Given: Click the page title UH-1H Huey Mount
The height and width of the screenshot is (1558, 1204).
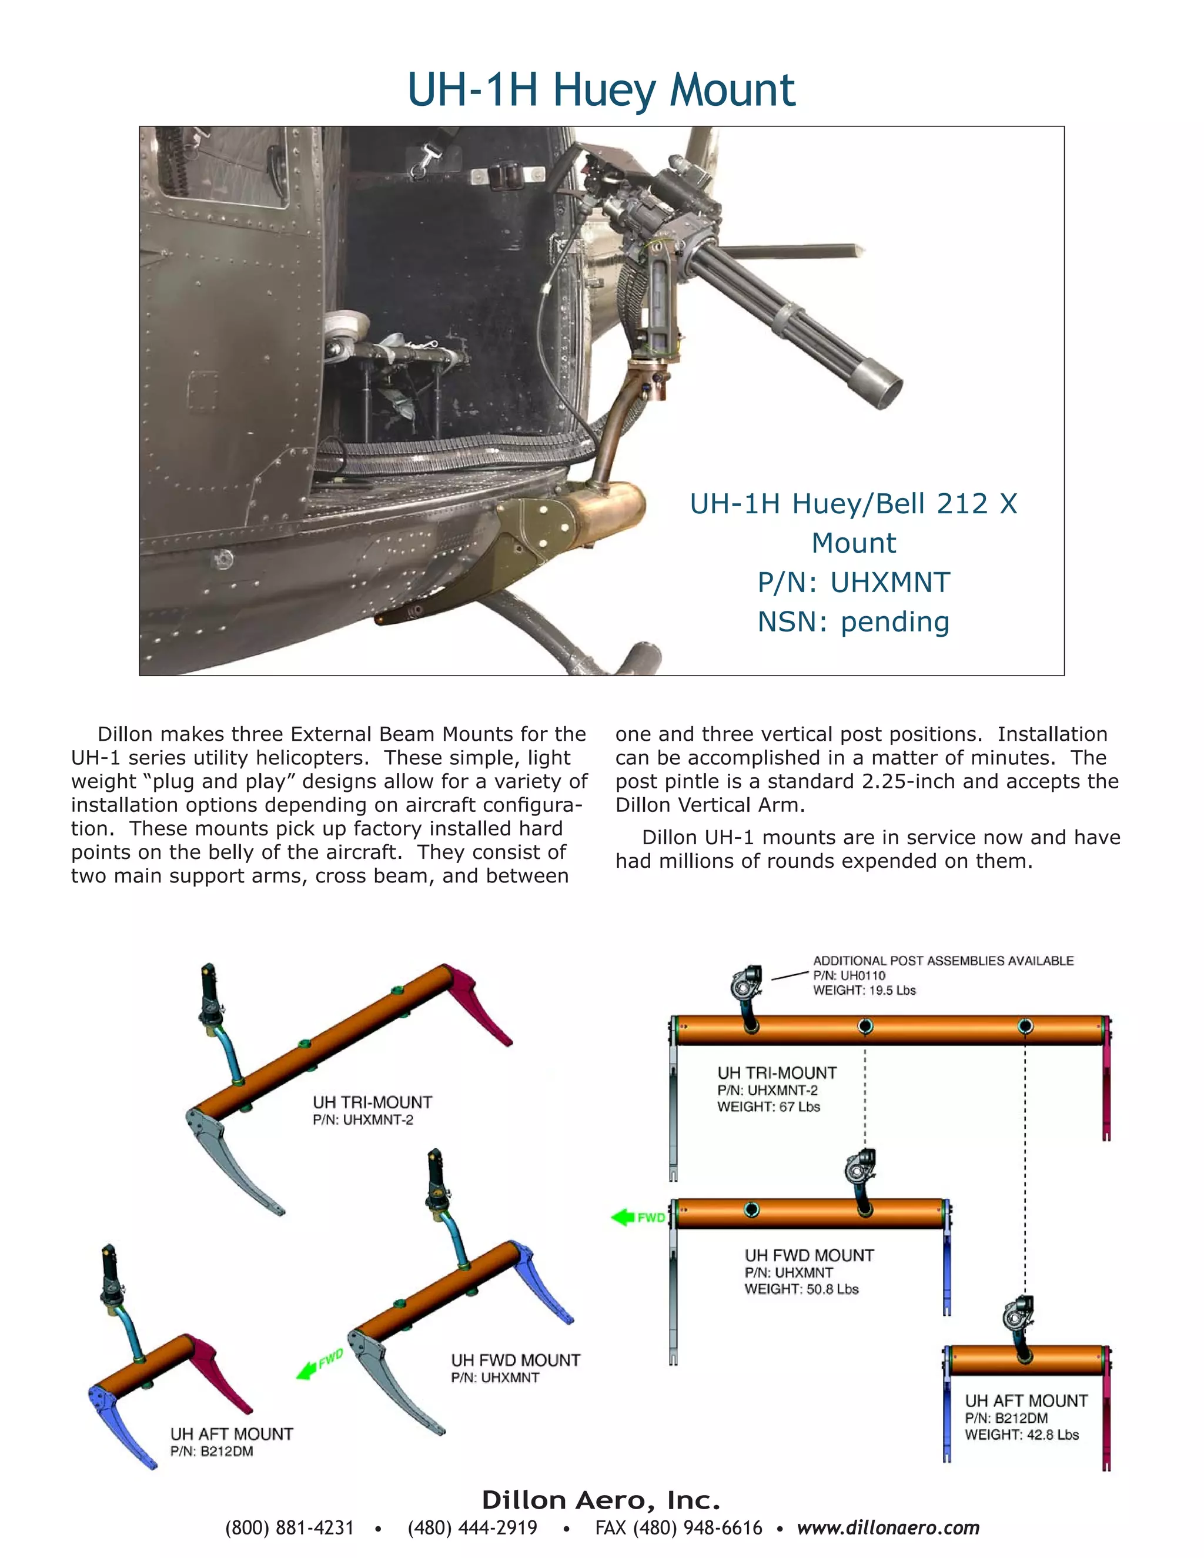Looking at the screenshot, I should (601, 91).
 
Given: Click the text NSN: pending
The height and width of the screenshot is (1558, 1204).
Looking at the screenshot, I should (853, 621).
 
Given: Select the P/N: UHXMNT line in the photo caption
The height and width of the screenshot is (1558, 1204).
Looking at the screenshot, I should (853, 582).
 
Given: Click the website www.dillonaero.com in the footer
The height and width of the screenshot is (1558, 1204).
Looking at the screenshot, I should (888, 1527).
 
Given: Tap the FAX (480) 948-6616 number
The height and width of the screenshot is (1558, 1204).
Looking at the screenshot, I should (678, 1527).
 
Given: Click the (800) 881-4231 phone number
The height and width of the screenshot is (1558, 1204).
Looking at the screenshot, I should (290, 1527).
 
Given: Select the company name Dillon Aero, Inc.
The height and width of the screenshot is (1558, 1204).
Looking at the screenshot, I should (601, 1500).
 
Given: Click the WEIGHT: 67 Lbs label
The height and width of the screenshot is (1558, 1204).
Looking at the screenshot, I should (768, 1107).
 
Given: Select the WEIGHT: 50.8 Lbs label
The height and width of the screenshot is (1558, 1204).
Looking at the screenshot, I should (801, 1289).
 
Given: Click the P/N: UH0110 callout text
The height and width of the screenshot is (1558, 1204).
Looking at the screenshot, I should (849, 975).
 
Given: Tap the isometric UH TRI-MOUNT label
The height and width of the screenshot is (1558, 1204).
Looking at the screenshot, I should (372, 1102).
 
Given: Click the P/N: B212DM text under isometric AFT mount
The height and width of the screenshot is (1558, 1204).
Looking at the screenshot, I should (211, 1451).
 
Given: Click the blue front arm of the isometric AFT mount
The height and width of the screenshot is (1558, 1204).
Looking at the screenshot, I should (121, 1423).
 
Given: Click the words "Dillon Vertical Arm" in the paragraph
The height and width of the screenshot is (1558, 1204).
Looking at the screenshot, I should (710, 805).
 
